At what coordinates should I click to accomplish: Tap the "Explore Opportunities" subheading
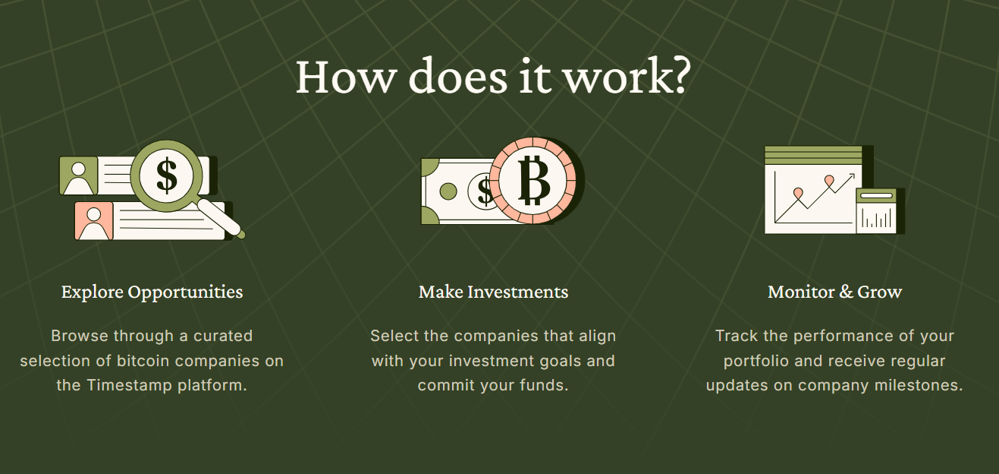(x=152, y=292)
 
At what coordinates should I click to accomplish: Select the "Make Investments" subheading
(x=493, y=292)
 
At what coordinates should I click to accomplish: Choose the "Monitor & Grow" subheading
(x=835, y=292)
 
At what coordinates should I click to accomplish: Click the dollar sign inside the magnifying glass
(x=167, y=175)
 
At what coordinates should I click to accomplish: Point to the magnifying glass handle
(x=221, y=219)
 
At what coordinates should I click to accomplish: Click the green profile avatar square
(x=78, y=175)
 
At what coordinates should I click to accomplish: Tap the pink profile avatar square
(x=93, y=221)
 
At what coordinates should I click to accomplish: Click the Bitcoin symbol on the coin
(x=534, y=180)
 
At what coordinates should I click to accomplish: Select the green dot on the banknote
(x=448, y=191)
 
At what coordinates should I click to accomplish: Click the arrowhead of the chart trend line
(x=851, y=177)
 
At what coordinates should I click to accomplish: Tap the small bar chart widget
(x=876, y=211)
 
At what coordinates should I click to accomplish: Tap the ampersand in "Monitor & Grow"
(x=846, y=292)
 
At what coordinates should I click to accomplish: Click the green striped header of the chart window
(x=813, y=155)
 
